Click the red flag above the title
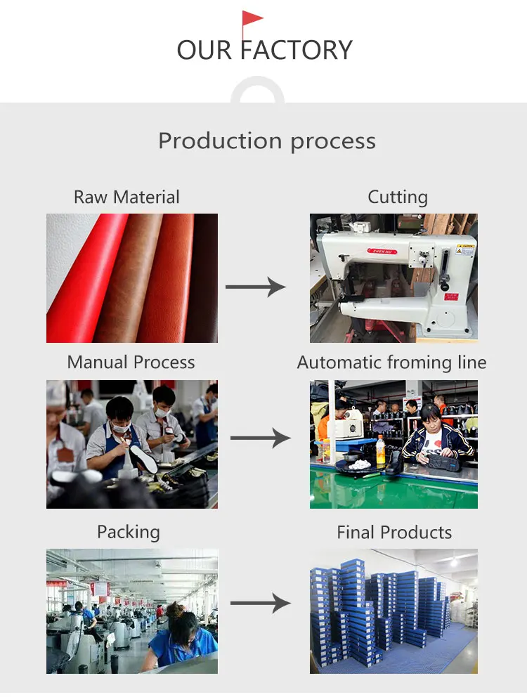(x=252, y=20)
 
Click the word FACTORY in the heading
(x=297, y=51)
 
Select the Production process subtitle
(x=267, y=141)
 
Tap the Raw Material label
(x=126, y=197)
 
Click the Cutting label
(x=398, y=197)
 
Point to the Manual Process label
(x=131, y=363)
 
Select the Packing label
(x=129, y=532)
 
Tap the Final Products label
(x=394, y=533)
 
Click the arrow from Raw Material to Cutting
(x=256, y=287)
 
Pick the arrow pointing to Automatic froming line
(x=260, y=438)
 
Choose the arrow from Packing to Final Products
(x=260, y=603)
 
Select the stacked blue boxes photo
(x=393, y=611)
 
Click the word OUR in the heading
(x=204, y=51)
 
